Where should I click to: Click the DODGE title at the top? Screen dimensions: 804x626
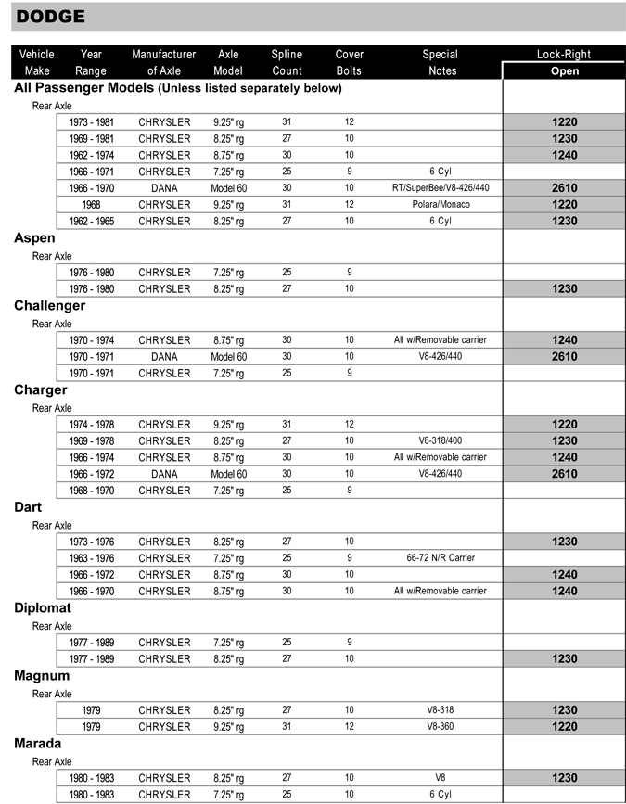[x=51, y=17]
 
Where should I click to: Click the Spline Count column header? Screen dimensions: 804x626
[x=287, y=62]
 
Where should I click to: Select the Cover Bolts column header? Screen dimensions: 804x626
[x=349, y=62]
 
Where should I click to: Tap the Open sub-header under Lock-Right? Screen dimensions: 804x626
[x=564, y=70]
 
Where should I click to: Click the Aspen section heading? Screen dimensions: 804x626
[x=34, y=238]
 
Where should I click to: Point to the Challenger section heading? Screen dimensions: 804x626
[x=49, y=306]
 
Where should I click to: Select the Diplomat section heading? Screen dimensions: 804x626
[x=43, y=608]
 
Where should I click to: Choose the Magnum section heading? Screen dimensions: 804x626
[x=42, y=676]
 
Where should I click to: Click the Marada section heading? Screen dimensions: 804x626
[x=38, y=744]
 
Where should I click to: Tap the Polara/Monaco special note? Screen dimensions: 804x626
[x=440, y=205]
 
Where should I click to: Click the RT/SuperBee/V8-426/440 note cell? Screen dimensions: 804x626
[x=440, y=188]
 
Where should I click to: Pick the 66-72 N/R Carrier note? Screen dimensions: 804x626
[x=440, y=558]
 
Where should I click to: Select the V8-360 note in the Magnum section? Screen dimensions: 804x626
[x=440, y=727]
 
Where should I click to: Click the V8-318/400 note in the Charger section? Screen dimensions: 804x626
[x=440, y=440]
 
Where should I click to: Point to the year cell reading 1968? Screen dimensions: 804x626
[x=91, y=205]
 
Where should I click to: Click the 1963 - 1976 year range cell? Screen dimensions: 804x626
[x=91, y=558]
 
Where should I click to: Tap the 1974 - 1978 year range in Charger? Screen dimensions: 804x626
[x=91, y=424]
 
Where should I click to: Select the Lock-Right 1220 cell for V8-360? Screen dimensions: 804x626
[x=564, y=727]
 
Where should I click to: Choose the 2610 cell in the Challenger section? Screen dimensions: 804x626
[x=564, y=356]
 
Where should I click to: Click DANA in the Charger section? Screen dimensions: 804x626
[x=164, y=474]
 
